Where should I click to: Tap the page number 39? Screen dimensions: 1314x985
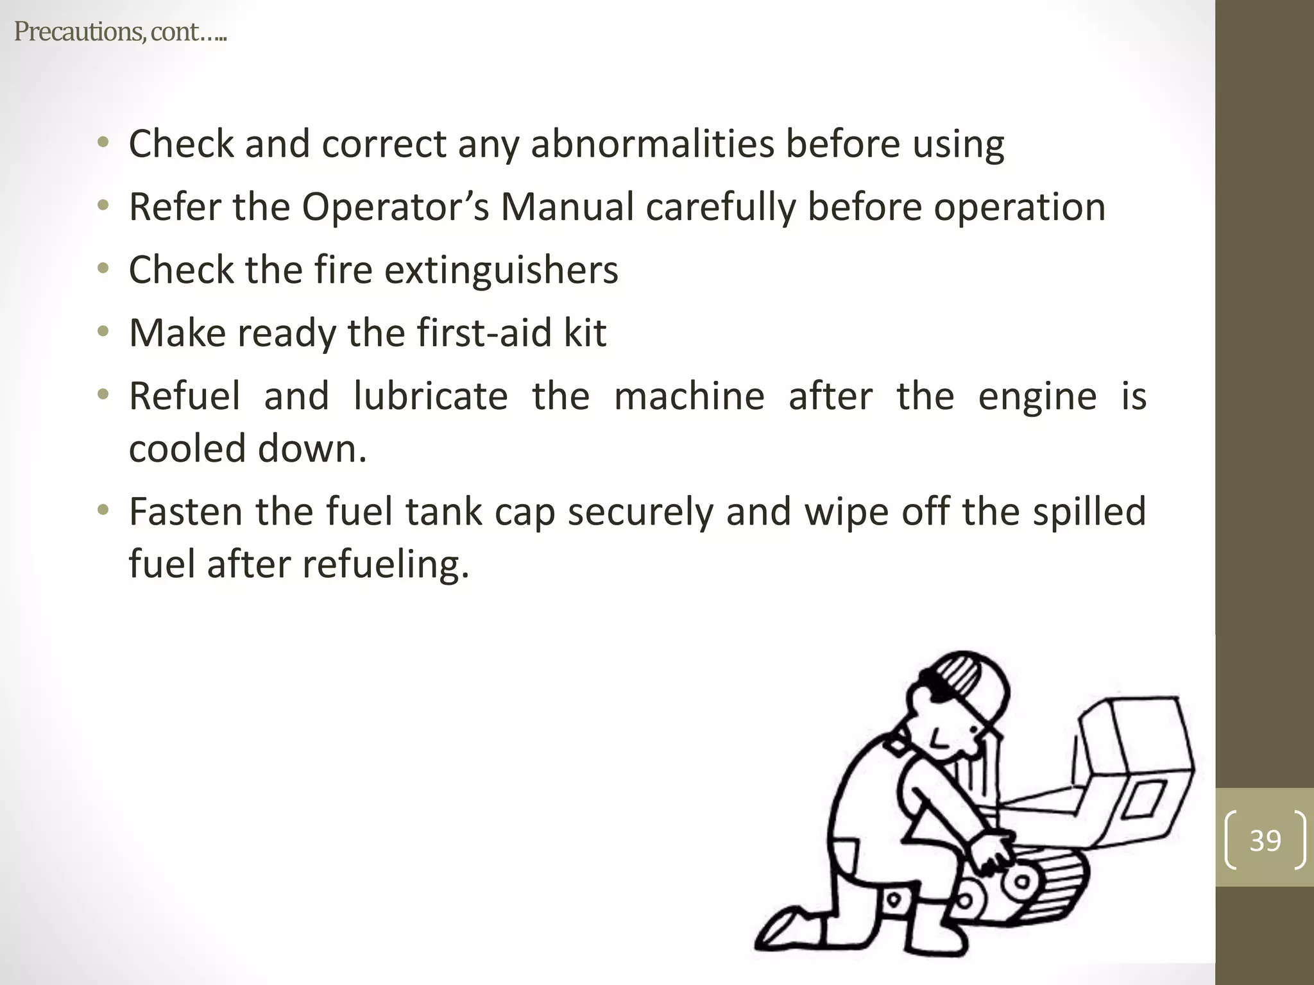[1265, 840]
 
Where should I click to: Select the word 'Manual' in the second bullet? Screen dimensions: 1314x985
[567, 206]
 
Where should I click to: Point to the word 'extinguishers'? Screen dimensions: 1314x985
[501, 269]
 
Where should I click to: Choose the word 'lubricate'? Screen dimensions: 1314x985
[431, 396]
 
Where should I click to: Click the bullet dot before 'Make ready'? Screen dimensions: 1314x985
[103, 332]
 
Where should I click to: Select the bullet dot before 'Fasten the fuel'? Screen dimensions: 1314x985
[103, 511]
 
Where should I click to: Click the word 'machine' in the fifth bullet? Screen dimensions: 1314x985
[690, 396]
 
